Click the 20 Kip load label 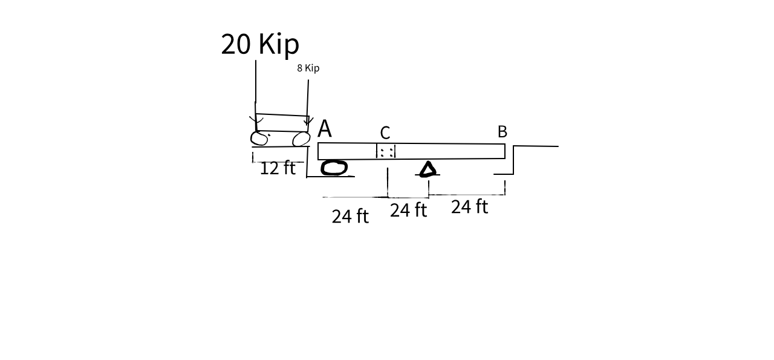260,44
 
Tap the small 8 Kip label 308,68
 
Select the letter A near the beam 325,128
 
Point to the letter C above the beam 385,133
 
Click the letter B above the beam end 502,132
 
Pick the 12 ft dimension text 278,168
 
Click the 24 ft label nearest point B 470,206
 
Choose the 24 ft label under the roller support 350,216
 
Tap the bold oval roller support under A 334,168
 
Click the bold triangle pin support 428,169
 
